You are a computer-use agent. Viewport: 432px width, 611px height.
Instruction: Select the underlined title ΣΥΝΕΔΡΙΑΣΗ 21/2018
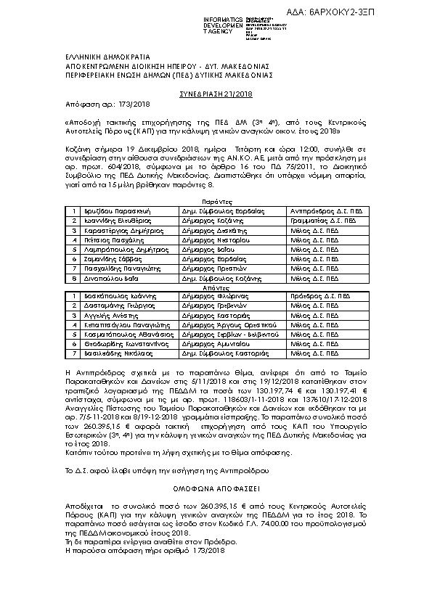pos(216,94)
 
